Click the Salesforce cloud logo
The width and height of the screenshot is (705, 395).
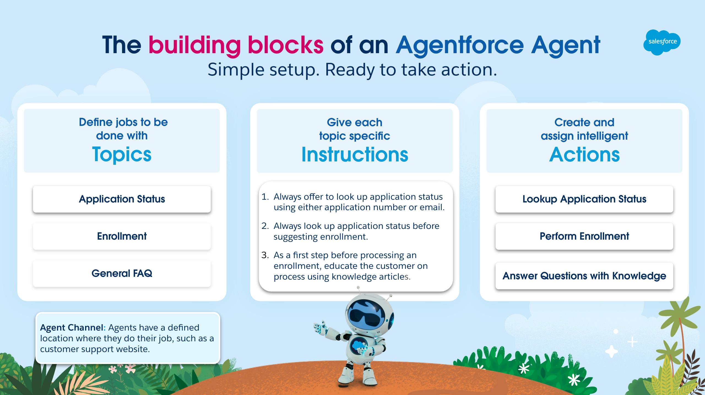tap(662, 42)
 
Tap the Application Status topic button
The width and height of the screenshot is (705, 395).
tap(122, 199)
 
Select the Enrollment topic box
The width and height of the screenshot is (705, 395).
tap(122, 236)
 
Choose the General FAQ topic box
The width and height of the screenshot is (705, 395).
tap(122, 274)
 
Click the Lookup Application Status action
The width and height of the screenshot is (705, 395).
tap(584, 199)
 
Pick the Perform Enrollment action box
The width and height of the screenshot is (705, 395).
tap(584, 236)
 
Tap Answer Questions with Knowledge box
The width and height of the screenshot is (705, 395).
tap(584, 276)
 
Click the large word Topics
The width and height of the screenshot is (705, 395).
tap(122, 155)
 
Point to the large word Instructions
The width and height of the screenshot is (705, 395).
tap(355, 155)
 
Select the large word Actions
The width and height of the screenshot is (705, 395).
tap(584, 155)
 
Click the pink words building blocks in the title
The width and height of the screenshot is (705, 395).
tap(236, 45)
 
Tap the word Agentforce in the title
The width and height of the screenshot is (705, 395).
tap(460, 45)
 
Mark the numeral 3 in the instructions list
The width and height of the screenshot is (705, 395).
tap(264, 255)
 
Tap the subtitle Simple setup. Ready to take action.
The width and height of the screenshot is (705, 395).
tap(352, 70)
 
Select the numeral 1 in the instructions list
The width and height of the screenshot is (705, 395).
tap(264, 197)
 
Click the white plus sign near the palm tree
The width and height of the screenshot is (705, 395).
tap(632, 342)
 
